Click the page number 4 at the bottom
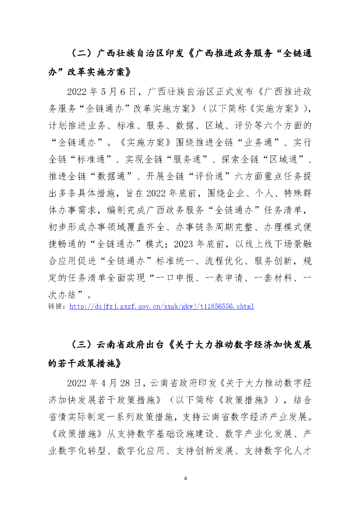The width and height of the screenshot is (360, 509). pyautogui.click(x=185, y=478)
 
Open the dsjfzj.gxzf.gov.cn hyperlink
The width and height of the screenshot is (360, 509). pyautogui.click(x=162, y=307)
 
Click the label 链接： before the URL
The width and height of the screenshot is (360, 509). pyautogui.click(x=58, y=307)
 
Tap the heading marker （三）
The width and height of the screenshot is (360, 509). pyautogui.click(x=80, y=345)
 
